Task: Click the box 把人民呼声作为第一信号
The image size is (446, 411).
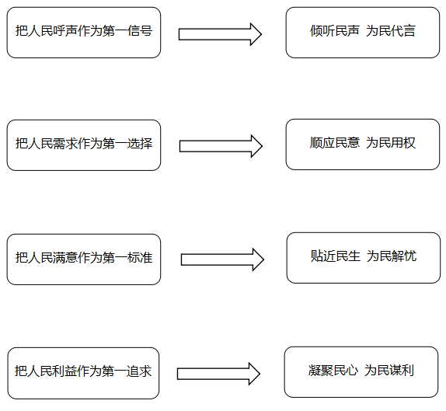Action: [x=84, y=33]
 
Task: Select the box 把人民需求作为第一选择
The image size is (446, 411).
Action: [x=84, y=145]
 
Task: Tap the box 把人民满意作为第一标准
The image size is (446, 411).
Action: [x=84, y=259]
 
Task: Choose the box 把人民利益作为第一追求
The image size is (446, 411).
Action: [x=83, y=373]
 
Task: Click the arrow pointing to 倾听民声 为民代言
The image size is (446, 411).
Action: [x=220, y=34]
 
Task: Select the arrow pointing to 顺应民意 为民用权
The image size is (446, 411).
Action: [x=221, y=146]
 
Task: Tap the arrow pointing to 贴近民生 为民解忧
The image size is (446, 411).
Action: [x=222, y=259]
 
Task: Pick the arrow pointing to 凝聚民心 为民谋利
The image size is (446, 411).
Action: [x=218, y=374]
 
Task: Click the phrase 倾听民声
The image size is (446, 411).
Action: [x=334, y=31]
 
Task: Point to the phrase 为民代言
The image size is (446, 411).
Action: [x=391, y=31]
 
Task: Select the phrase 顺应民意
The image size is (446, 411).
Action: [x=334, y=143]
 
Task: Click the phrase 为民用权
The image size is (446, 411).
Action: [x=391, y=143]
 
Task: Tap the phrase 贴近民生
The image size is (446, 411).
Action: [x=336, y=256]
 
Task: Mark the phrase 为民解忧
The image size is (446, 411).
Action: [x=392, y=256]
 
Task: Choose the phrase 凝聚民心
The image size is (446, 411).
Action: [x=333, y=371]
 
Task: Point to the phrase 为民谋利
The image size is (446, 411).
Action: [x=389, y=371]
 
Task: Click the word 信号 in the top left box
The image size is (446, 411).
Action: [x=140, y=31]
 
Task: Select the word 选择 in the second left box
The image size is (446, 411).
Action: [x=140, y=144]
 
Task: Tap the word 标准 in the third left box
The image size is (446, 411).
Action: [x=140, y=257]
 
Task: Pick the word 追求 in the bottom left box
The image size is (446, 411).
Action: [x=139, y=371]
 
